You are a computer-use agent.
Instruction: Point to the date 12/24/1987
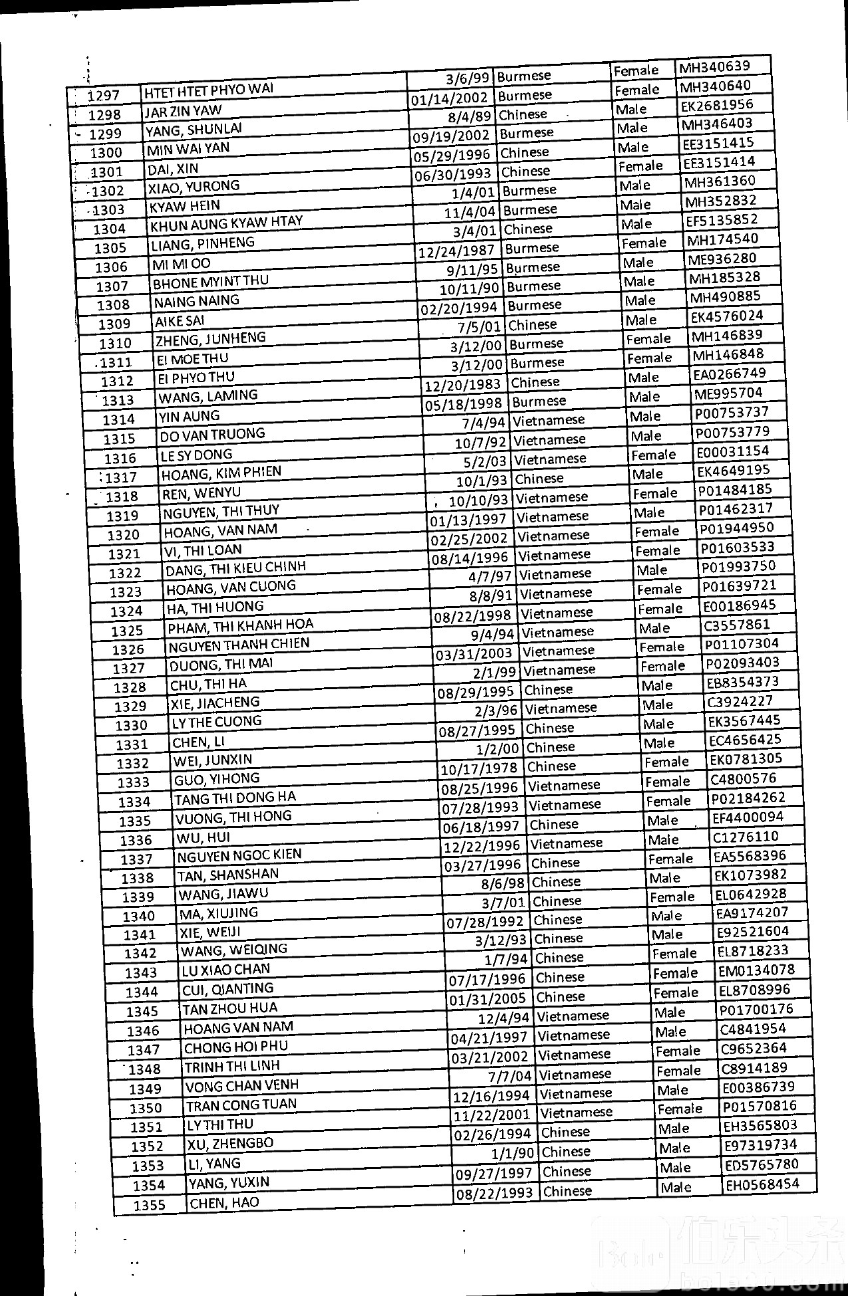pyautogui.click(x=456, y=251)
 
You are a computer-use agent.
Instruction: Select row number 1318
pyautogui.click(x=122, y=496)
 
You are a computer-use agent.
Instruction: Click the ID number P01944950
pyautogui.click(x=736, y=528)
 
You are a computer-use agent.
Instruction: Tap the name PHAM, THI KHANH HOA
pyautogui.click(x=240, y=625)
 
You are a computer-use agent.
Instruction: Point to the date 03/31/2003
pyautogui.click(x=474, y=653)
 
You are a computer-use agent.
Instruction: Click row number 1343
pyautogui.click(x=141, y=973)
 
